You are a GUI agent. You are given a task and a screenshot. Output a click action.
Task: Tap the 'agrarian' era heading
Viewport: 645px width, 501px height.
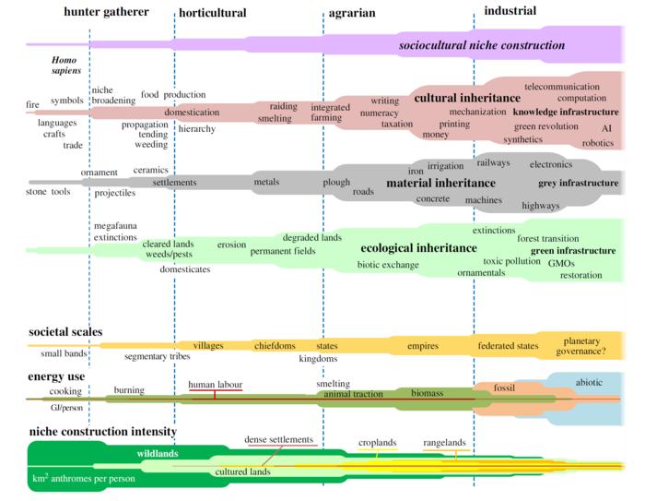(x=352, y=13)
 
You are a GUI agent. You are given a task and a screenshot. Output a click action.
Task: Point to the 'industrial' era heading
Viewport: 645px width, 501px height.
(x=510, y=11)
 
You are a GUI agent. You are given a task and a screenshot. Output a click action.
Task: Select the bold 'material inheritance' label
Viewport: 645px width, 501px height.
(x=440, y=183)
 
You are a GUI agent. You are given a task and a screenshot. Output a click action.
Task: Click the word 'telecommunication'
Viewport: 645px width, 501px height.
(x=561, y=86)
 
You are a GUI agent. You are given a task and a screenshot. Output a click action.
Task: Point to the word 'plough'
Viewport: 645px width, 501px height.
(x=336, y=183)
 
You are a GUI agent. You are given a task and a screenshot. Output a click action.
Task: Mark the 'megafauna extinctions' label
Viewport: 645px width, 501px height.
(x=115, y=232)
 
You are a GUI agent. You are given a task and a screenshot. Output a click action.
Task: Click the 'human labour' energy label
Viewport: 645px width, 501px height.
(x=216, y=384)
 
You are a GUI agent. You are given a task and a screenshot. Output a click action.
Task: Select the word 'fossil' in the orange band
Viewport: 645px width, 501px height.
(x=504, y=388)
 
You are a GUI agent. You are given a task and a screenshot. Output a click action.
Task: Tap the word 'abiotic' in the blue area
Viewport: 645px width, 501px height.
(x=589, y=380)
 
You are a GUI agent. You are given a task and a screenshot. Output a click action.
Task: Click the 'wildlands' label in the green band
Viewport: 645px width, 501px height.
(x=158, y=454)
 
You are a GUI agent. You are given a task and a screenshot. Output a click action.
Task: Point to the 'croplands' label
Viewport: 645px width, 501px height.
(x=377, y=443)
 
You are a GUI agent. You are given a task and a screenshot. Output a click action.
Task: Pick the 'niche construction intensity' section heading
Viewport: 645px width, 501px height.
(x=102, y=431)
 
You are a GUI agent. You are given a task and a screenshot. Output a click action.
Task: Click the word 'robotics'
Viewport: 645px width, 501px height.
(x=597, y=143)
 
